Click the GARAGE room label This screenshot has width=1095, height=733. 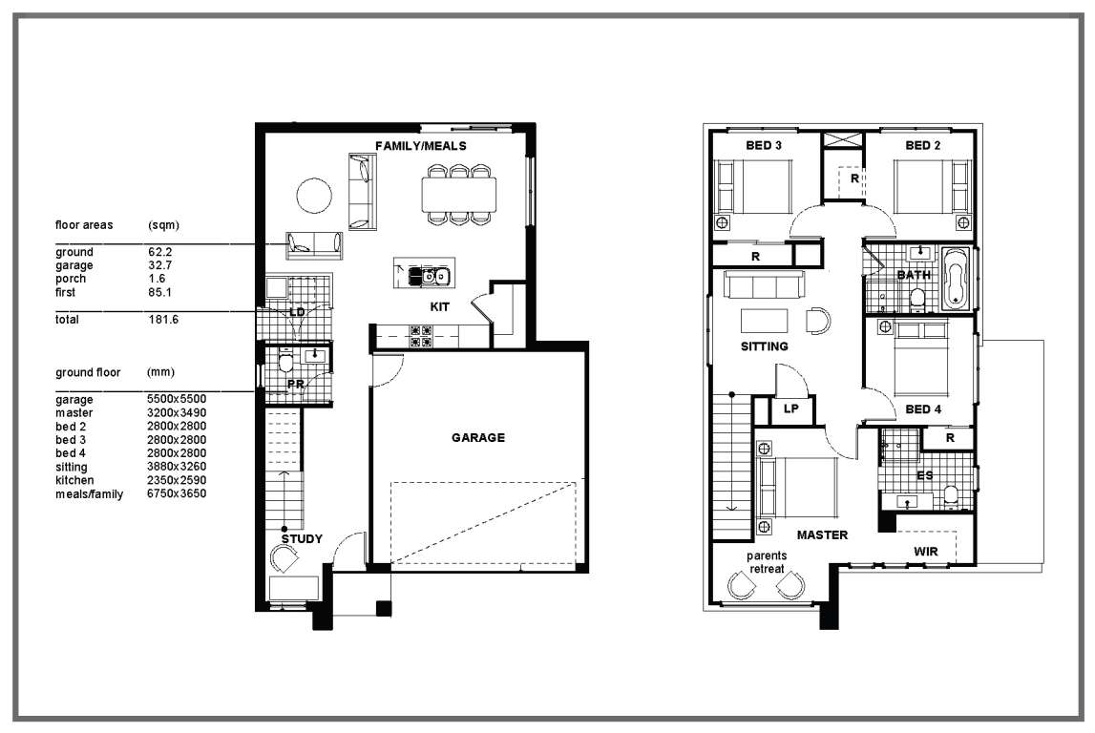point(477,438)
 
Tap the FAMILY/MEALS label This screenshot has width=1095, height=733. point(420,146)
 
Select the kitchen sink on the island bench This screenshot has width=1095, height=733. point(429,276)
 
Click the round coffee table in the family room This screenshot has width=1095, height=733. point(313,196)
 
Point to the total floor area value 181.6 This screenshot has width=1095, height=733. point(163,320)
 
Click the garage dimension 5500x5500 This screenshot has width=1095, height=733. point(177,399)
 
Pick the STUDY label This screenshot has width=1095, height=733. point(302,539)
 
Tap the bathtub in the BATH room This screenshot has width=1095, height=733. point(956,279)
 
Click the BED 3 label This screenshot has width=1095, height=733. point(764,145)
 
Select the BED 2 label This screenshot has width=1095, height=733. point(922,145)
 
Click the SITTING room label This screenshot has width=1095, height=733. point(764,346)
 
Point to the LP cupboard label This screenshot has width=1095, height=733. point(790,409)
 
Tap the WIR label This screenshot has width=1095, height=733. point(926,552)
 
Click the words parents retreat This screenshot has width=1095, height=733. point(767,562)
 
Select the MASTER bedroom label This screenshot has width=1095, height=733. point(822,534)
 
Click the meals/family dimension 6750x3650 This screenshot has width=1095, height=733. point(177,493)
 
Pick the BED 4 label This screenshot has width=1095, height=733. point(923,409)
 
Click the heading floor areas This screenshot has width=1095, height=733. point(84,225)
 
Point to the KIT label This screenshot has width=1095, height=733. point(440,306)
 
